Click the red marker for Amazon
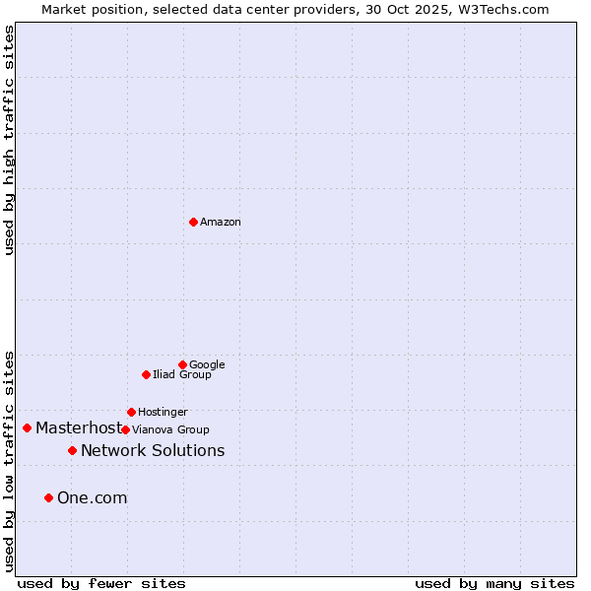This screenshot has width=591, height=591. pyautogui.click(x=193, y=222)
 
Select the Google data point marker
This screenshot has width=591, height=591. pyautogui.click(x=182, y=364)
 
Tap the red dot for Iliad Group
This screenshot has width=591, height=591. pyautogui.click(x=146, y=374)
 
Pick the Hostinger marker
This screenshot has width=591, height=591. pyautogui.click(x=131, y=412)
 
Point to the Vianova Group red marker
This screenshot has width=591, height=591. pyautogui.click(x=125, y=429)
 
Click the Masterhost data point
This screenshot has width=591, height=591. pyautogui.click(x=27, y=427)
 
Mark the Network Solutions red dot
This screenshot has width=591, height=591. pyautogui.click(x=72, y=450)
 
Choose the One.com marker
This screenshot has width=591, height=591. pyautogui.click(x=48, y=497)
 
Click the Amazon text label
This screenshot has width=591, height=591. pyautogui.click(x=221, y=223)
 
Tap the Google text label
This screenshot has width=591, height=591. pyautogui.click(x=207, y=365)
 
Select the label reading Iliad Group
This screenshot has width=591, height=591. pyautogui.click(x=182, y=375)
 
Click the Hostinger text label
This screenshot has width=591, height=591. pyautogui.click(x=163, y=413)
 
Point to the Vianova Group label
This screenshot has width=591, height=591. pyautogui.click(x=170, y=430)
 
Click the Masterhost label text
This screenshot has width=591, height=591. pyautogui.click(x=78, y=428)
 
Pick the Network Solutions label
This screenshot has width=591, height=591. pyautogui.click(x=153, y=451)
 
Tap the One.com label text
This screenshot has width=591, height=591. pyautogui.click(x=92, y=498)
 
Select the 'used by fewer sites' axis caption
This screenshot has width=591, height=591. pyautogui.click(x=101, y=583)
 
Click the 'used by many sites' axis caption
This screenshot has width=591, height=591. pyautogui.click(x=494, y=583)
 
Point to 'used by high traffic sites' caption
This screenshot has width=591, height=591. pyautogui.click(x=9, y=140)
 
